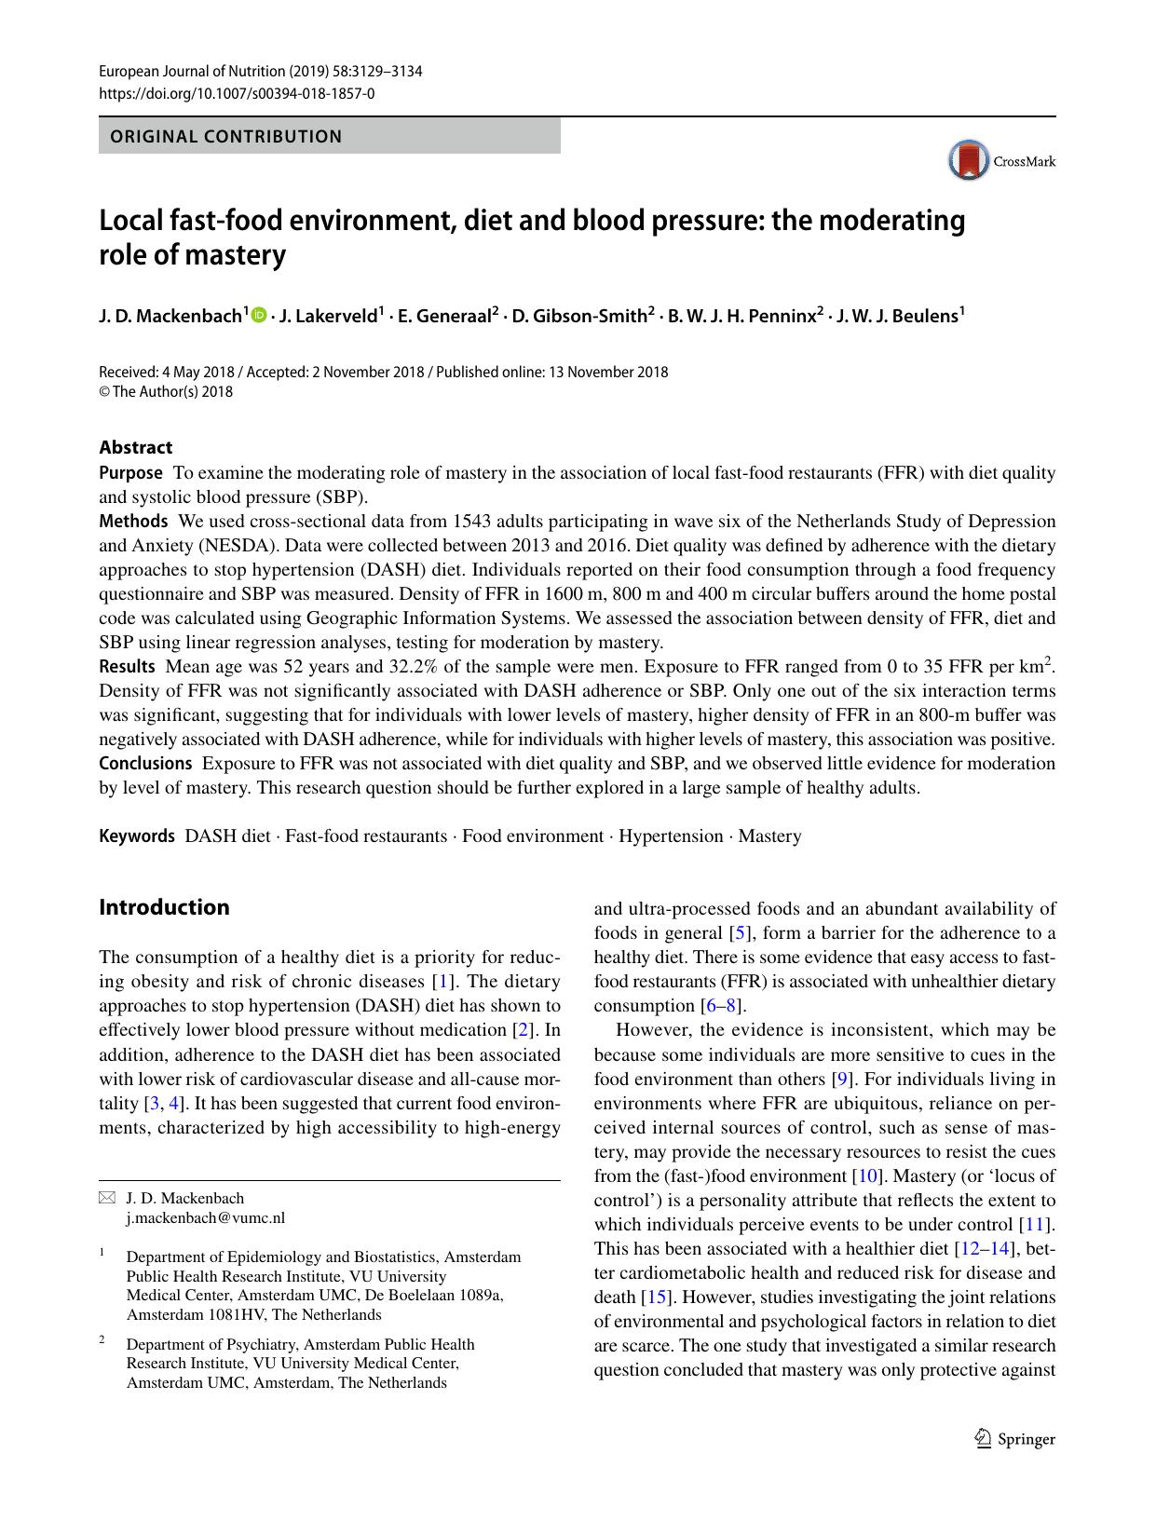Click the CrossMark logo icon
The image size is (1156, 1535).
tap(969, 160)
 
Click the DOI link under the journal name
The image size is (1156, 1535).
tap(237, 93)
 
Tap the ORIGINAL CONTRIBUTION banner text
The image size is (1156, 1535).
tap(226, 137)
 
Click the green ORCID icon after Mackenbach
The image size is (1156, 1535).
tap(258, 315)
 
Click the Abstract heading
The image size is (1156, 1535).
tap(135, 447)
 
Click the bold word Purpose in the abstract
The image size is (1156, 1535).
tap(130, 472)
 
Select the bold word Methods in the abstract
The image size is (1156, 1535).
tap(133, 521)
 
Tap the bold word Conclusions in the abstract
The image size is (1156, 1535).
tap(145, 763)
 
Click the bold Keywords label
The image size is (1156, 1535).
tap(137, 835)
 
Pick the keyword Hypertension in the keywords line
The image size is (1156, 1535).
tap(671, 835)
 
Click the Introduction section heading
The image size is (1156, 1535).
tap(164, 907)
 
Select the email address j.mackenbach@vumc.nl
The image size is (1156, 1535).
tap(205, 1217)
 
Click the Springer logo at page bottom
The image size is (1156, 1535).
tap(1014, 1439)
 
